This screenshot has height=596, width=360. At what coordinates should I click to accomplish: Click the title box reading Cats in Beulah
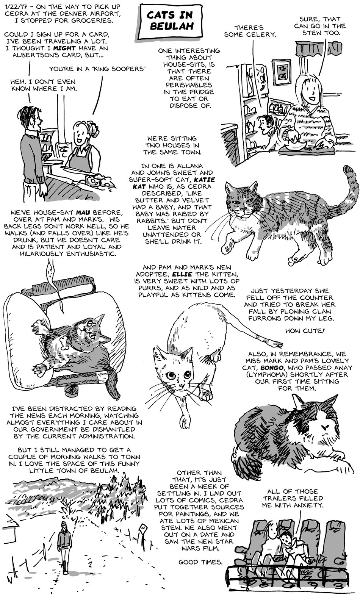pyautogui.click(x=171, y=21)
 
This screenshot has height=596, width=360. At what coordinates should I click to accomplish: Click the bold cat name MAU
pyautogui.click(x=83, y=213)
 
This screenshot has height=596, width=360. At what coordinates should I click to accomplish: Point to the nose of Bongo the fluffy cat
pyautogui.click(x=324, y=427)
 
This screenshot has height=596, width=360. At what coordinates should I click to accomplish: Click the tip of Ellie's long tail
pyautogui.click(x=280, y=345)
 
